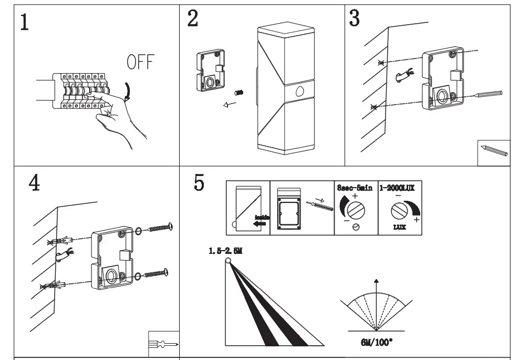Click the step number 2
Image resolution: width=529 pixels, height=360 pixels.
[x=193, y=19]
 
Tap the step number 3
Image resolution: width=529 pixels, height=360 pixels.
[x=355, y=18]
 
